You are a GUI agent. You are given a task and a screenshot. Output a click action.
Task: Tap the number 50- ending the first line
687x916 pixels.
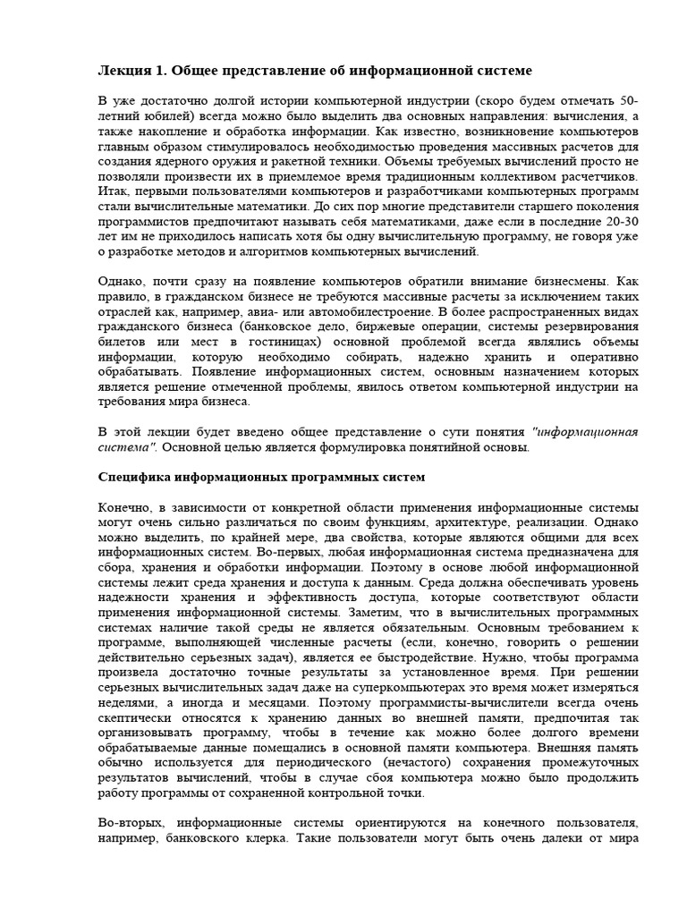pyautogui.click(x=626, y=100)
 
